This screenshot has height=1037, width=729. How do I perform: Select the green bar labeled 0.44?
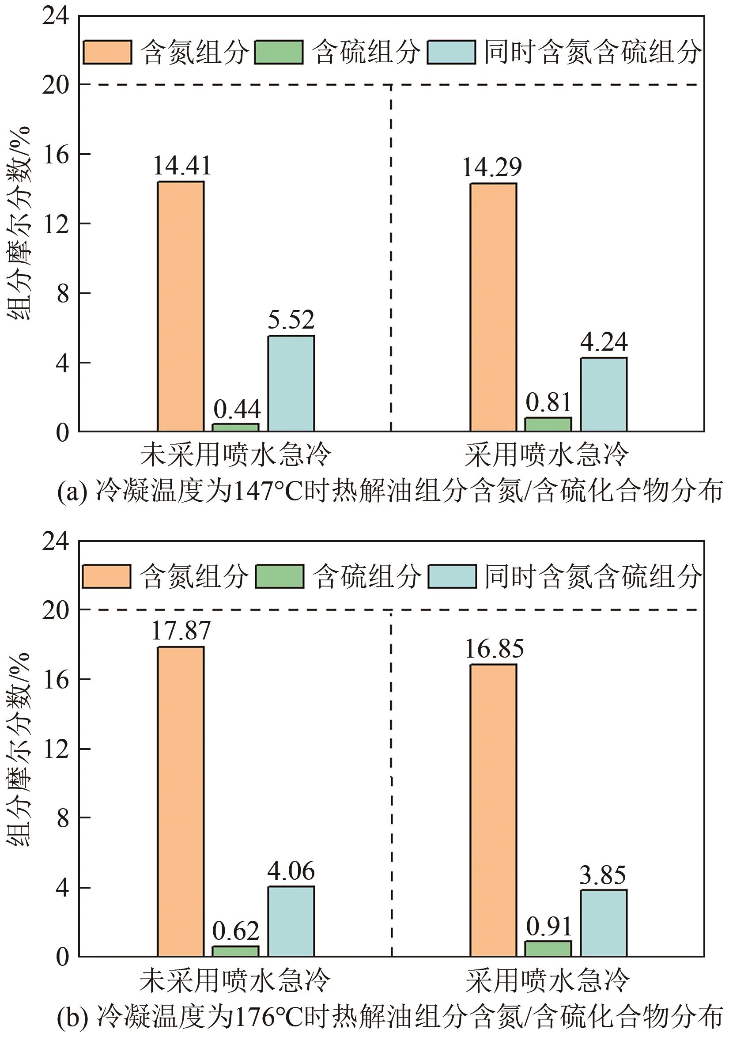click(235, 427)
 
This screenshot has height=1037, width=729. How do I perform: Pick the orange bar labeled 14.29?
click(493, 307)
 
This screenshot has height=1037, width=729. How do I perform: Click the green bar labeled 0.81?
click(548, 424)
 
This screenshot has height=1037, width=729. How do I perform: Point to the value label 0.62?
click(235, 931)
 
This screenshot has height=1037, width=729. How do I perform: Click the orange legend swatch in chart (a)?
click(107, 52)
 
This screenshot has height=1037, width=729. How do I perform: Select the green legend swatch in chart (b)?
click(279, 576)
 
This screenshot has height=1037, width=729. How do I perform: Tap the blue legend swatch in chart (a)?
click(451, 52)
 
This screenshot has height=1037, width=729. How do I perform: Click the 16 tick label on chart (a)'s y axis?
click(56, 155)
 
